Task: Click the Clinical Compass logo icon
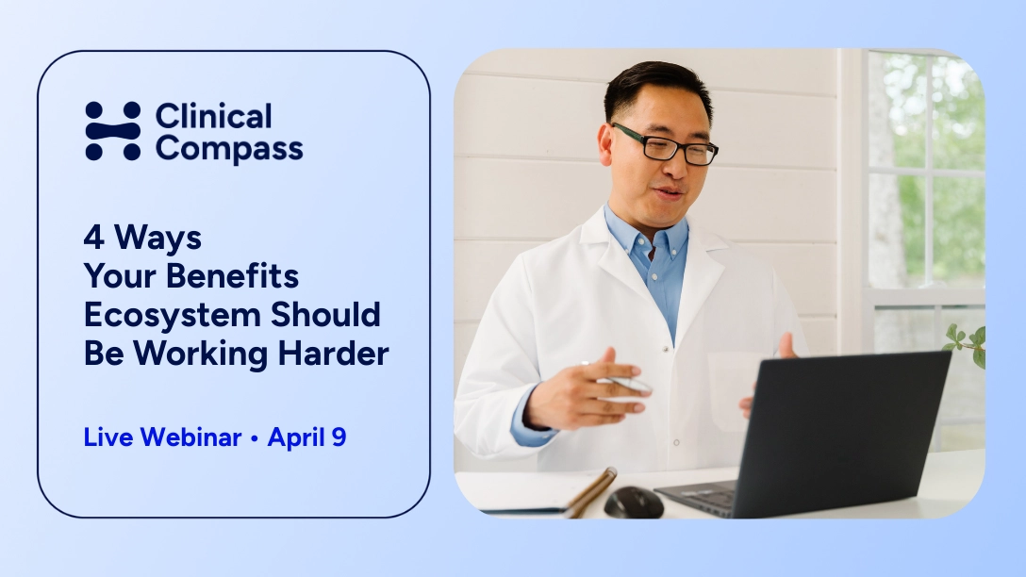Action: coord(112,131)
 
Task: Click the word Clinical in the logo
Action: coord(213,117)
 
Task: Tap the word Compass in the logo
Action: coord(229,149)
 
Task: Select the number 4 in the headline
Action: coord(93,237)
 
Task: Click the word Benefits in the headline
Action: coord(232,275)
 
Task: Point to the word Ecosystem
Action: coord(172,315)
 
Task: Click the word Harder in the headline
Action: coord(333,354)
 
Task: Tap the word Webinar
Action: coord(191,437)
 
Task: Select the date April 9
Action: coord(306,437)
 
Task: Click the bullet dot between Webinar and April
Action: coord(255,438)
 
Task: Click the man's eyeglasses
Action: coord(665,144)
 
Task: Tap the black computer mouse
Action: coord(634,503)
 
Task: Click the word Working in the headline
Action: coord(200,354)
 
